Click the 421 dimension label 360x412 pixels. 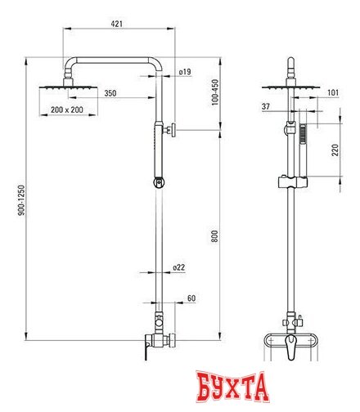(117, 24)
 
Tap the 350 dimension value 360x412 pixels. (110, 93)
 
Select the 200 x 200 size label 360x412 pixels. (67, 110)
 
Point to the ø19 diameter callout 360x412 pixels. (185, 72)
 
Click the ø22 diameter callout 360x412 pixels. (179, 267)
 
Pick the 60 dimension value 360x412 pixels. (191, 298)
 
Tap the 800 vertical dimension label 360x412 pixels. (215, 236)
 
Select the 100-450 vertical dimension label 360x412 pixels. (215, 92)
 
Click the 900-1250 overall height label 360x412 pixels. (21, 200)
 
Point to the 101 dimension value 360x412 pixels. (333, 92)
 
